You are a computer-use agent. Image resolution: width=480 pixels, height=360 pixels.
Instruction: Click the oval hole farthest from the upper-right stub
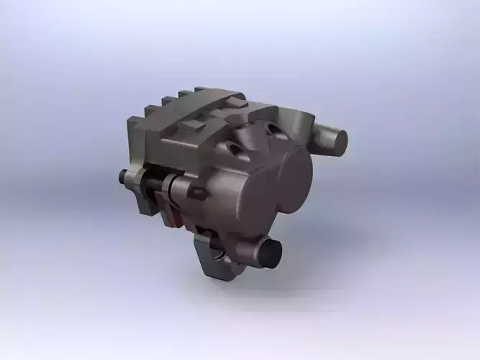[234, 148]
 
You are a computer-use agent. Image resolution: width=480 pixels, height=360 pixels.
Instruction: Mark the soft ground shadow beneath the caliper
[288, 288]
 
